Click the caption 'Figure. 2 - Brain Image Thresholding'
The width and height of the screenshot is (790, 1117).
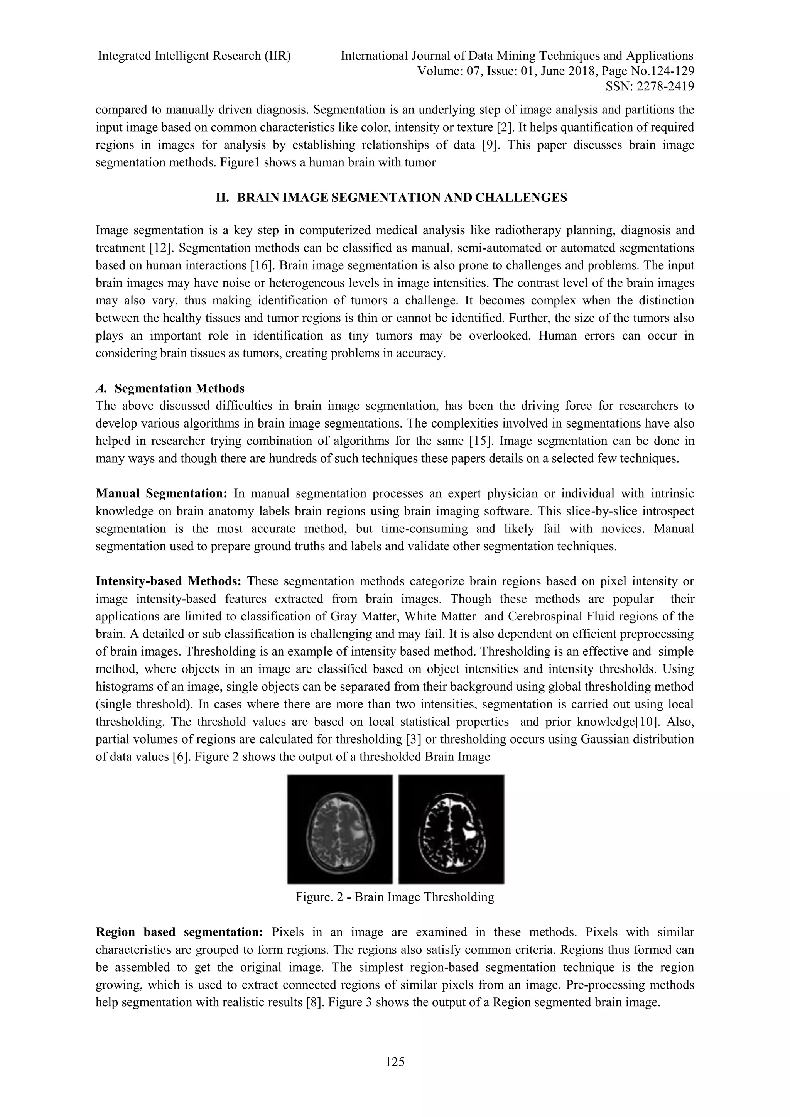click(395, 897)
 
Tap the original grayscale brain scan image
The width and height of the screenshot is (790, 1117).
click(339, 830)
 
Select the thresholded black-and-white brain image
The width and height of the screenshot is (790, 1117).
click(451, 830)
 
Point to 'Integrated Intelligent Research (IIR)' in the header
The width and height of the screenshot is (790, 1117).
click(194, 56)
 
